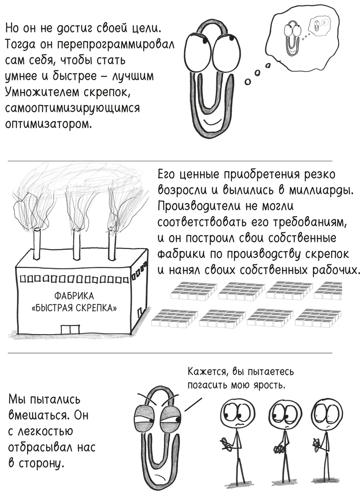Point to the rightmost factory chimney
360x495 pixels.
tap(113, 246)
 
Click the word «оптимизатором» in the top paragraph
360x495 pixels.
tap(47, 124)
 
